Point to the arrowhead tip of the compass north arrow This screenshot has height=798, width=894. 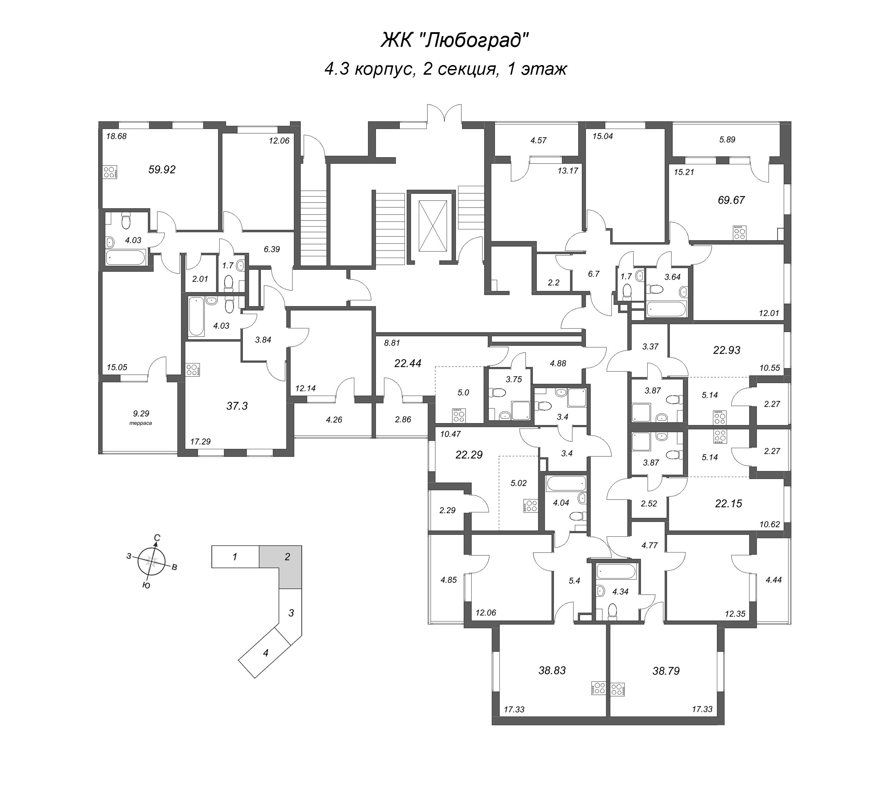(x=156, y=542)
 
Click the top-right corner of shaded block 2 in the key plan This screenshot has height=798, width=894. (x=302, y=546)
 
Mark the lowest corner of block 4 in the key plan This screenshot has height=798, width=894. (x=255, y=678)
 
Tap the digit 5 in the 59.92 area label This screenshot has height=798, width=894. (x=152, y=170)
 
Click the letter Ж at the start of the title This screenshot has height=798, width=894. (x=387, y=41)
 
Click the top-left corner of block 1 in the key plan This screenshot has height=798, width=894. (x=212, y=546)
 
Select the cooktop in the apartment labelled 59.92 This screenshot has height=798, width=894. (x=110, y=172)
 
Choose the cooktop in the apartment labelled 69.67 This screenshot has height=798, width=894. (x=740, y=233)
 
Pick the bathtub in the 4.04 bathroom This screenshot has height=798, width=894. (x=566, y=483)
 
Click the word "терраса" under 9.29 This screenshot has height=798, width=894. (x=141, y=423)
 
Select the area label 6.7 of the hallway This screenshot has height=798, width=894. (x=594, y=274)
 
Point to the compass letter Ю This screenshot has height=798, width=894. (x=147, y=585)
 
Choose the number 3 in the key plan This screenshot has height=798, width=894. (x=291, y=613)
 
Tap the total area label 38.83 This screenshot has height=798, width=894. (x=552, y=670)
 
